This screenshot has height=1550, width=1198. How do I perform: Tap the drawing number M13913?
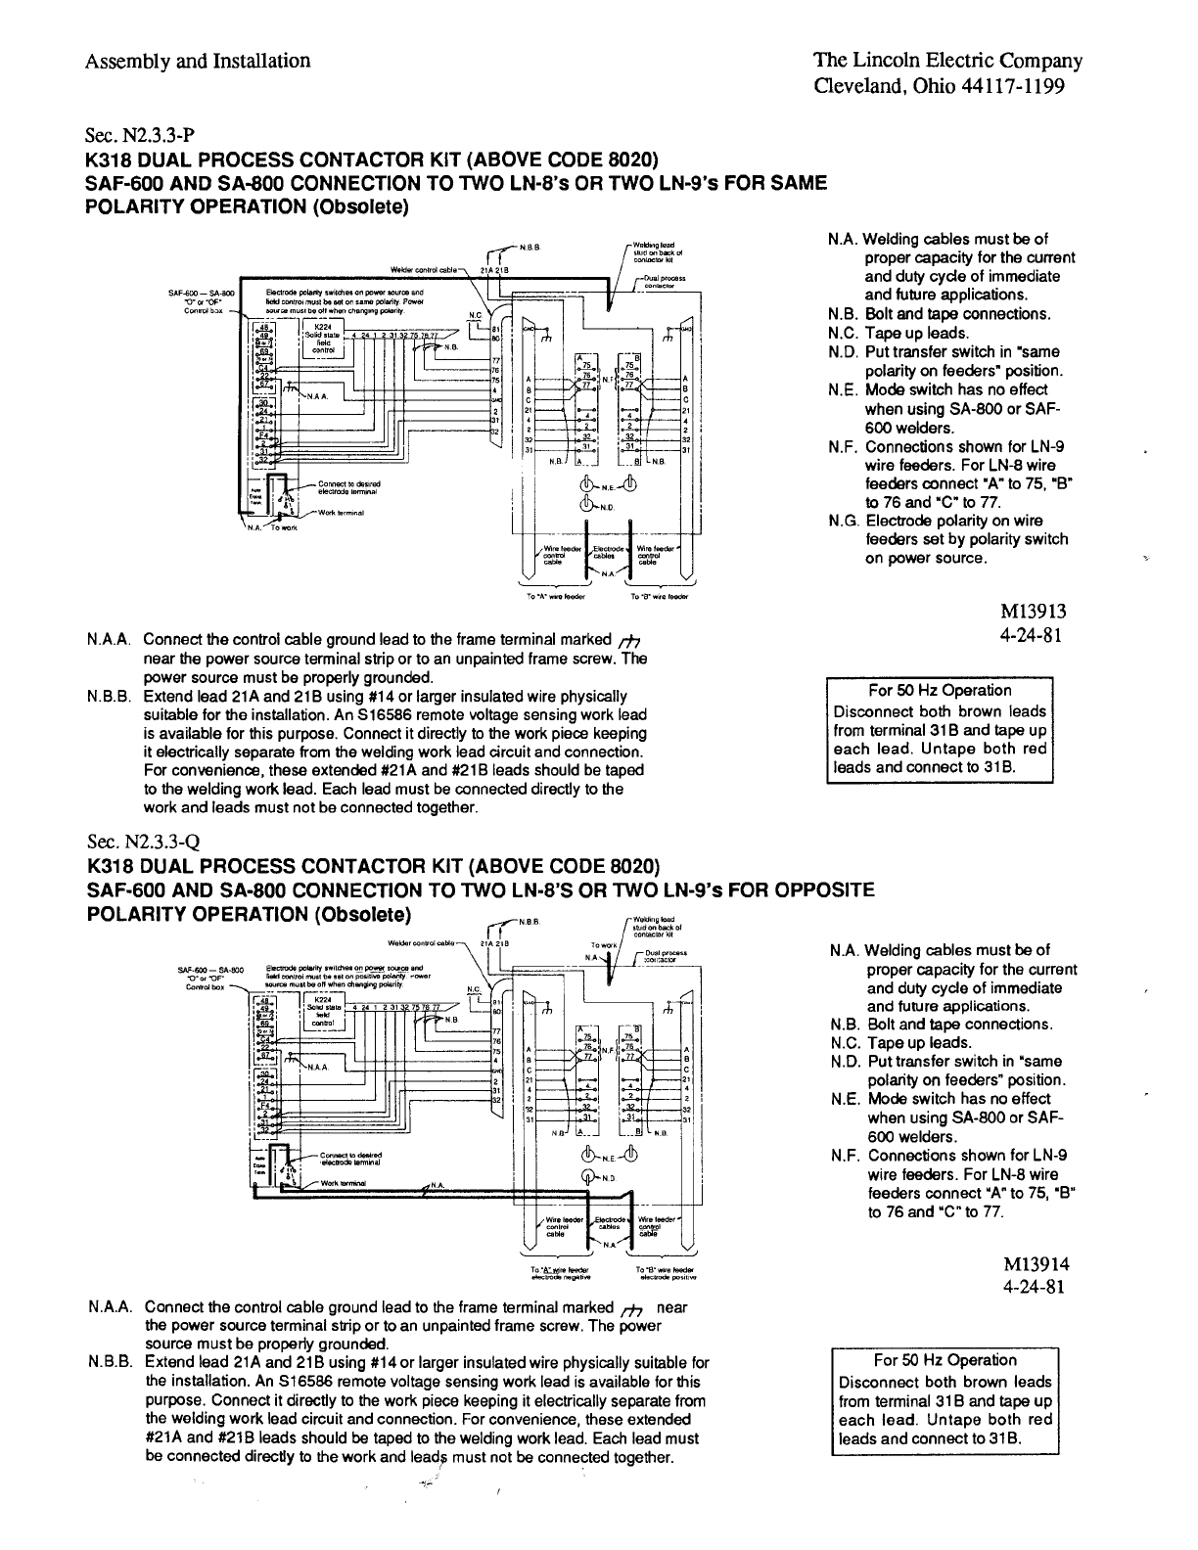pyautogui.click(x=1031, y=612)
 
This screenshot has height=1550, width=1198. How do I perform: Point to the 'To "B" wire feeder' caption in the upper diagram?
pyautogui.click(x=661, y=595)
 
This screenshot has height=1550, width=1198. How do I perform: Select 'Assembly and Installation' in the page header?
pyautogui.click(x=198, y=61)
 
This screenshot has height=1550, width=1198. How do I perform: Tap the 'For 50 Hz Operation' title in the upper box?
pyautogui.click(x=940, y=690)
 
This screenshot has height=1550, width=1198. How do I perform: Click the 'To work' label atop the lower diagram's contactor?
pyautogui.click(x=599, y=946)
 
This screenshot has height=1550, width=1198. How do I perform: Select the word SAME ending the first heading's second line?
pyautogui.click(x=795, y=183)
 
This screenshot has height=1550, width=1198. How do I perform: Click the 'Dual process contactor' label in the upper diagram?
pyautogui.click(x=664, y=282)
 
